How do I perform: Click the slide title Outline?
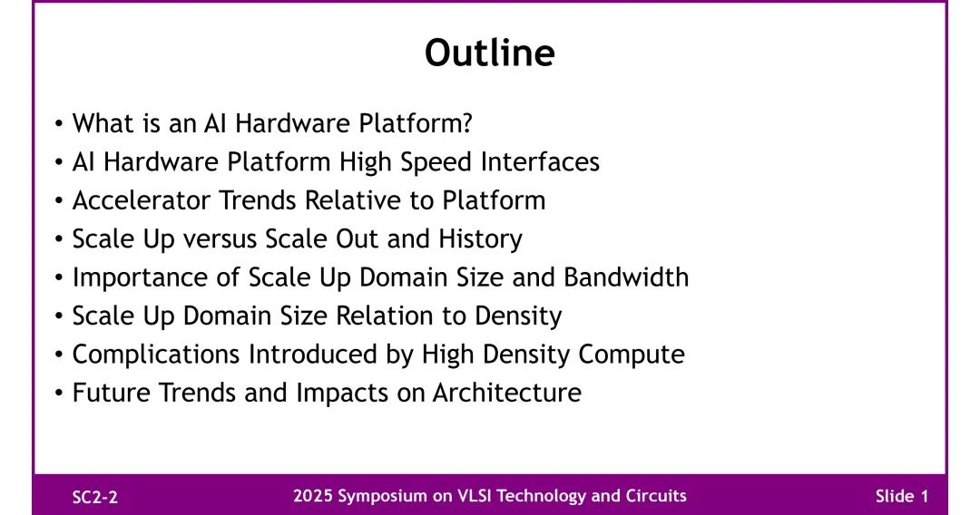[489, 53]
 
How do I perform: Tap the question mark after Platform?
[466, 123]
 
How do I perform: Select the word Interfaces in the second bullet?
[540, 161]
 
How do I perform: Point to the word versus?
[220, 239]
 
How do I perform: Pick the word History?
[480, 239]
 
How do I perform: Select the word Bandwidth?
[626, 277]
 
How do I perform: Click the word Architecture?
[507, 393]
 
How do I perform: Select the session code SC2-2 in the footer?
[95, 497]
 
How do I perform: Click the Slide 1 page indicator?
[902, 496]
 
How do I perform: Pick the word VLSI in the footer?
[475, 496]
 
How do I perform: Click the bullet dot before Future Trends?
[59, 394]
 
